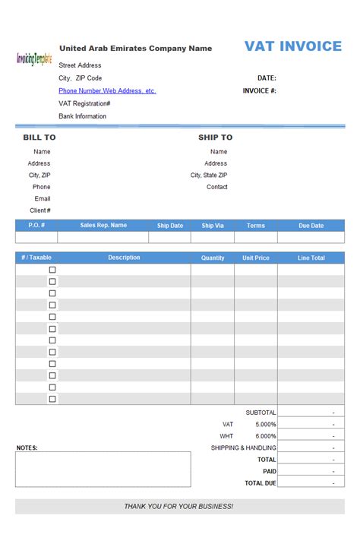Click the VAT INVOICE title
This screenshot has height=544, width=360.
pos(293,46)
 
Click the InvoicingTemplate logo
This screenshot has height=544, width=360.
pos(33,59)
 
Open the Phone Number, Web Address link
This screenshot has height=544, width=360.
pos(107,90)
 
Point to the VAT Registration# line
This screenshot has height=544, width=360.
pos(84,103)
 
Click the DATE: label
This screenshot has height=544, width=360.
pos(267,77)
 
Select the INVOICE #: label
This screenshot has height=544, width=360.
pos(259,90)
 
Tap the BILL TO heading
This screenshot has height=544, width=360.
pos(39,138)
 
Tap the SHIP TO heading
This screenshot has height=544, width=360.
pos(215,138)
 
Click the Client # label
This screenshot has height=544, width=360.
pos(40,210)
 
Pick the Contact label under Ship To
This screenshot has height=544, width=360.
pos(216,187)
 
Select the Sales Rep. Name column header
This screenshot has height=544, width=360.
pos(103,226)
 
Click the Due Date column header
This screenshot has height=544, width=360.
pos(311,226)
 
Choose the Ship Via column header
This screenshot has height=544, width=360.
pos(213,226)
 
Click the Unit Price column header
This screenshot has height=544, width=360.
pos(255,258)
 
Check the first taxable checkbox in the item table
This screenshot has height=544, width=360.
pos(52,270)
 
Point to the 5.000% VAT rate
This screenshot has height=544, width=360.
pos(265,424)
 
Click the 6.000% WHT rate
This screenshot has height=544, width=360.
pos(265,436)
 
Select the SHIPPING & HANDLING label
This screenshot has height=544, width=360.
pos(243,448)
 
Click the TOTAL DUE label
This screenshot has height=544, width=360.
pos(261,483)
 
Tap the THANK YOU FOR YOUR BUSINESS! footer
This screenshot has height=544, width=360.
pos(179,506)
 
